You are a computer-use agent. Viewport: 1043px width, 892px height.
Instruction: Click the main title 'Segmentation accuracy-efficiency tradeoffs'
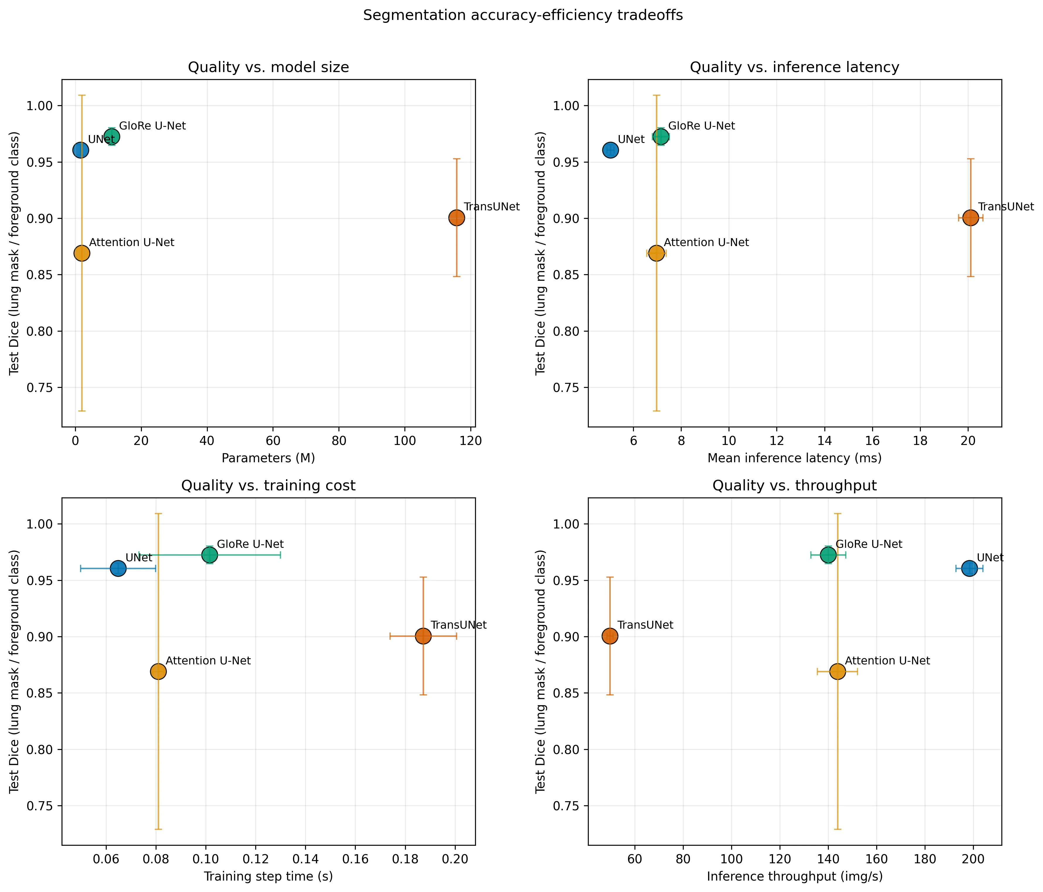523,16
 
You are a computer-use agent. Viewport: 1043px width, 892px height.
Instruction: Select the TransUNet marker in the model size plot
456,218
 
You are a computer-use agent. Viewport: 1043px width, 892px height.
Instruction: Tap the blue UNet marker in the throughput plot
969,569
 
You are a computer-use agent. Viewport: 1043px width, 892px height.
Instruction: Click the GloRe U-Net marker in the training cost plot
210,555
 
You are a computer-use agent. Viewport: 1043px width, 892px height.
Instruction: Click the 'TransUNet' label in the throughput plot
645,625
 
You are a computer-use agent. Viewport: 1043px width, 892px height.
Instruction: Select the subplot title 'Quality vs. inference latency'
794,67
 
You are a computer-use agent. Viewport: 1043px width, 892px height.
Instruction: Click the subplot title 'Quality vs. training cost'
268,485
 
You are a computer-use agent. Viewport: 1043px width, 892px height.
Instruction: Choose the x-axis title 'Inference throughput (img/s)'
794,876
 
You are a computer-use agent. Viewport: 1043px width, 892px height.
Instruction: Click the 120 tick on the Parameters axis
471,441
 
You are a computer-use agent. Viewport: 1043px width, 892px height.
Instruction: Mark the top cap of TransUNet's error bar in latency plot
971,159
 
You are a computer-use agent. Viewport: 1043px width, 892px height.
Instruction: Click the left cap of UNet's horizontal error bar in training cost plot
81,569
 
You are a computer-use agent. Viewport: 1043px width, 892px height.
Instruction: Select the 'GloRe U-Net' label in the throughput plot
869,544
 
